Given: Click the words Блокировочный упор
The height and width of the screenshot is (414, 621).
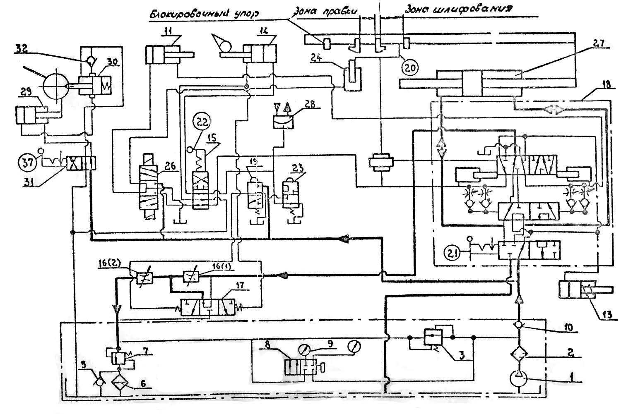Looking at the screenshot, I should click(x=203, y=14).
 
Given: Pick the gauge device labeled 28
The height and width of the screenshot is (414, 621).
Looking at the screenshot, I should click(x=284, y=122).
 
